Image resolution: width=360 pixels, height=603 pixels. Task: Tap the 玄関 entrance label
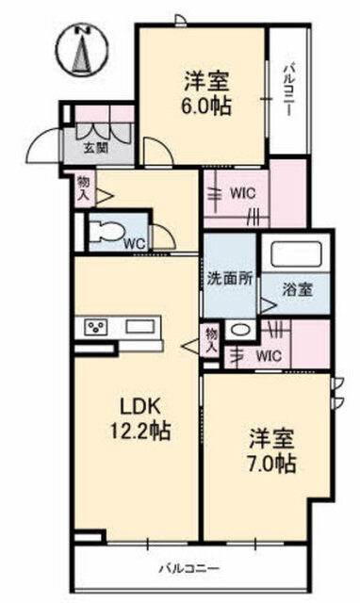pos(96,148)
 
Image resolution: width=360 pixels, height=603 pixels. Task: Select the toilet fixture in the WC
pos(106,233)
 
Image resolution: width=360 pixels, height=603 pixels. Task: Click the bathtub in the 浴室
pos(296,253)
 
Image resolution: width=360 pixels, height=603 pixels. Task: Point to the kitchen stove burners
pos(96,328)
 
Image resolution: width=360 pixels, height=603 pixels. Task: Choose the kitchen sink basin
pos(139,328)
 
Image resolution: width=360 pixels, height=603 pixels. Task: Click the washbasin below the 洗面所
pos(240,330)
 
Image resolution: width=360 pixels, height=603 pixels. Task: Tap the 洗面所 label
pos(230,279)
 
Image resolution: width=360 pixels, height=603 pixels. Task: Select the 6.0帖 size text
pos(206,106)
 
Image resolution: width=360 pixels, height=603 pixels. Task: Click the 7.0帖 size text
pos(271,463)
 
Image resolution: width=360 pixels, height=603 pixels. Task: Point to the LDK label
pos(140,405)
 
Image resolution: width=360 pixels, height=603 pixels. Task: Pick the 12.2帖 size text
pos(140,431)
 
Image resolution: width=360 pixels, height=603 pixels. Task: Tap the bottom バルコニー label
pos(190,568)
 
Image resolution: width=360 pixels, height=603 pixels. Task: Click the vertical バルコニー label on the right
pos(289,91)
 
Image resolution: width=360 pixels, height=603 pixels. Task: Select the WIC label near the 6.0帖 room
pos(243,193)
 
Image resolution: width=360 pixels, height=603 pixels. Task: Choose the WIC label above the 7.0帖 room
pos(269,356)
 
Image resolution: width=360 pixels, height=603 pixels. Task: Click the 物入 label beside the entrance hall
pos(84,188)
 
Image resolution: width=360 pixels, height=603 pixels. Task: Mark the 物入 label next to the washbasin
pos(211,341)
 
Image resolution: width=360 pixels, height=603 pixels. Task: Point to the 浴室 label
pos(298,289)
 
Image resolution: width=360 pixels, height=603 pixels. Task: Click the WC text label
pos(136,244)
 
